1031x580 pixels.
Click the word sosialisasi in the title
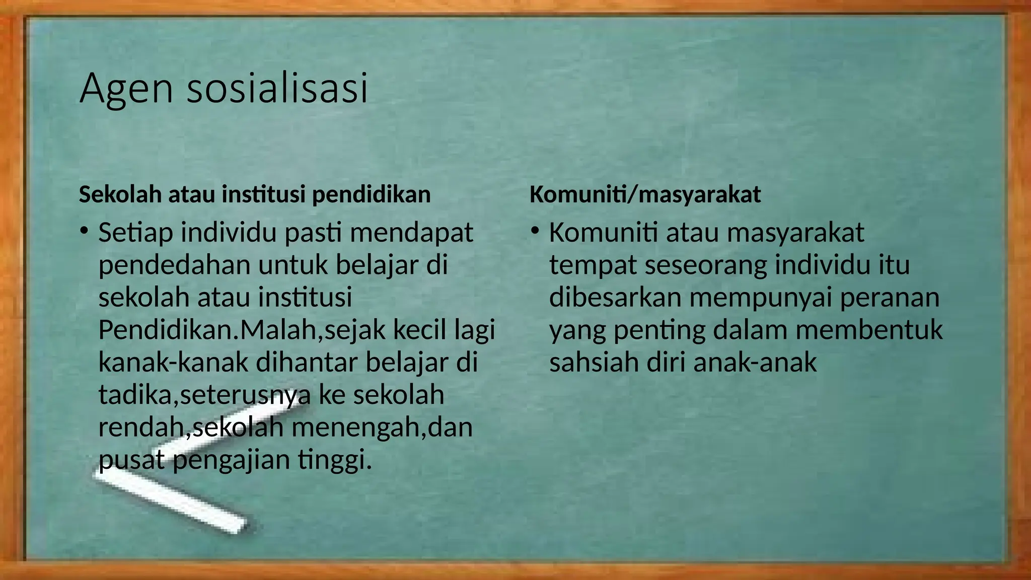click(277, 88)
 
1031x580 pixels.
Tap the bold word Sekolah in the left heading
click(120, 194)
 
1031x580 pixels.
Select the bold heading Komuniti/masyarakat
click(645, 194)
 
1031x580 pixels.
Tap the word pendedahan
click(174, 265)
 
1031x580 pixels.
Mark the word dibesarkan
click(615, 298)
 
